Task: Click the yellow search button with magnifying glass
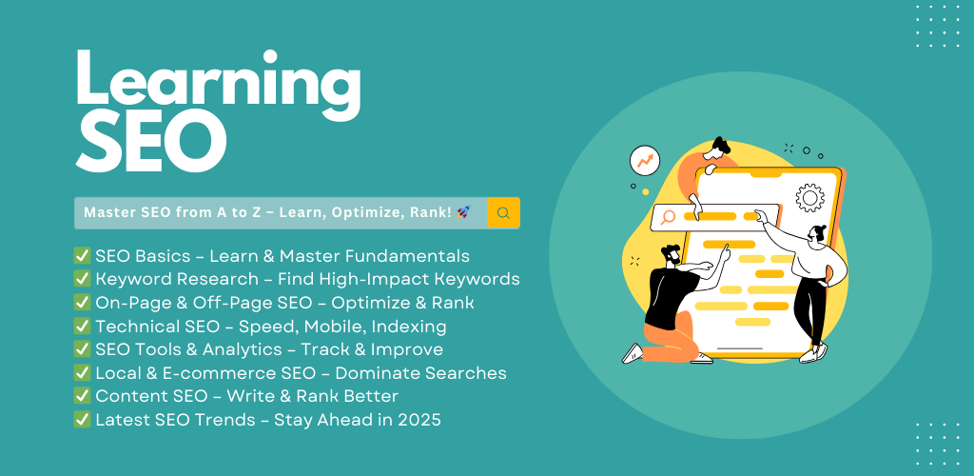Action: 503,213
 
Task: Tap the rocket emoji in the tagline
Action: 463,212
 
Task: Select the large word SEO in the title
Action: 151,144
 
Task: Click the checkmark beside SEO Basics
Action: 82,255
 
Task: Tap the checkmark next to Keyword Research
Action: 82,279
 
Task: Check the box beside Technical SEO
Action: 82,326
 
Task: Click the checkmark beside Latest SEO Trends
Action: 82,420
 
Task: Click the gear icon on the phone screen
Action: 809,198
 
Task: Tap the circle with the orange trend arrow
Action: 644,161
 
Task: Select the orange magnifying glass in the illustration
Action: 669,217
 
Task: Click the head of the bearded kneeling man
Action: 671,255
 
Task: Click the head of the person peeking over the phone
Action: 721,148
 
